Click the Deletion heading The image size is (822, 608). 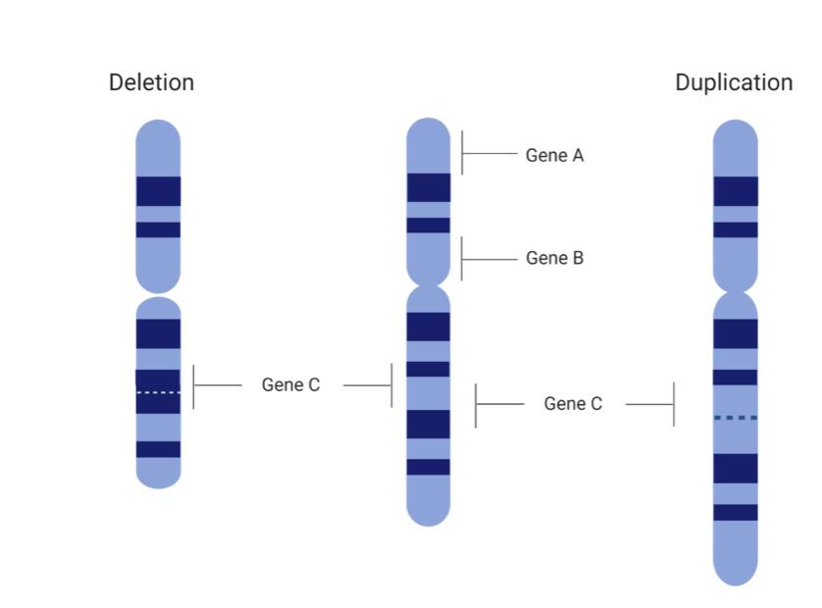pos(151,82)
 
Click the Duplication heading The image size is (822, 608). pos(734,82)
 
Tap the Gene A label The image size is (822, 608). pos(554,155)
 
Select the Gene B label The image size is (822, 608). pos(554,258)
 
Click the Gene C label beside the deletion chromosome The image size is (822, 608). pos(290,385)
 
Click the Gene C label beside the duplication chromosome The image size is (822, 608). pos(573,404)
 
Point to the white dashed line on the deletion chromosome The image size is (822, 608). pos(158,392)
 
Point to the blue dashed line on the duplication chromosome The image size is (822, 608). pos(735,418)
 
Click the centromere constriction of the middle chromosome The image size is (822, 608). pos(429,285)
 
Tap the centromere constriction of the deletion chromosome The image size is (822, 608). pos(158,295)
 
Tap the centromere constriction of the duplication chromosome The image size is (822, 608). pos(735,292)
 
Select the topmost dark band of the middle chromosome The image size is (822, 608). pos(429,187)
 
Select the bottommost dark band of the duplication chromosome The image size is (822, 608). pos(735,512)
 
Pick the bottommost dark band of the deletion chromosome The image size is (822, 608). pos(158,449)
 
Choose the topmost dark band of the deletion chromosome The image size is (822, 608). pos(158,191)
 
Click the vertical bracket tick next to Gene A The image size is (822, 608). pos(462,154)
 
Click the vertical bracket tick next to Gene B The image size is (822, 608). pos(462,258)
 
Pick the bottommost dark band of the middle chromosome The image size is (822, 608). pos(429,467)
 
